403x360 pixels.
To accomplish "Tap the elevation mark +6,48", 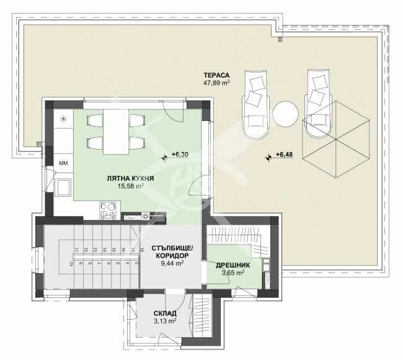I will point(285,155).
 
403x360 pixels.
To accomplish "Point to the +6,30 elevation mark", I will point(180,155).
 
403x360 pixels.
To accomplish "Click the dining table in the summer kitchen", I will point(116,131).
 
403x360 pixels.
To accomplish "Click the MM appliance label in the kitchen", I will point(63,163).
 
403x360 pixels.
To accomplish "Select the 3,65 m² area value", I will point(232,272).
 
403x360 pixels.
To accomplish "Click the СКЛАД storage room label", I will point(166,313).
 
